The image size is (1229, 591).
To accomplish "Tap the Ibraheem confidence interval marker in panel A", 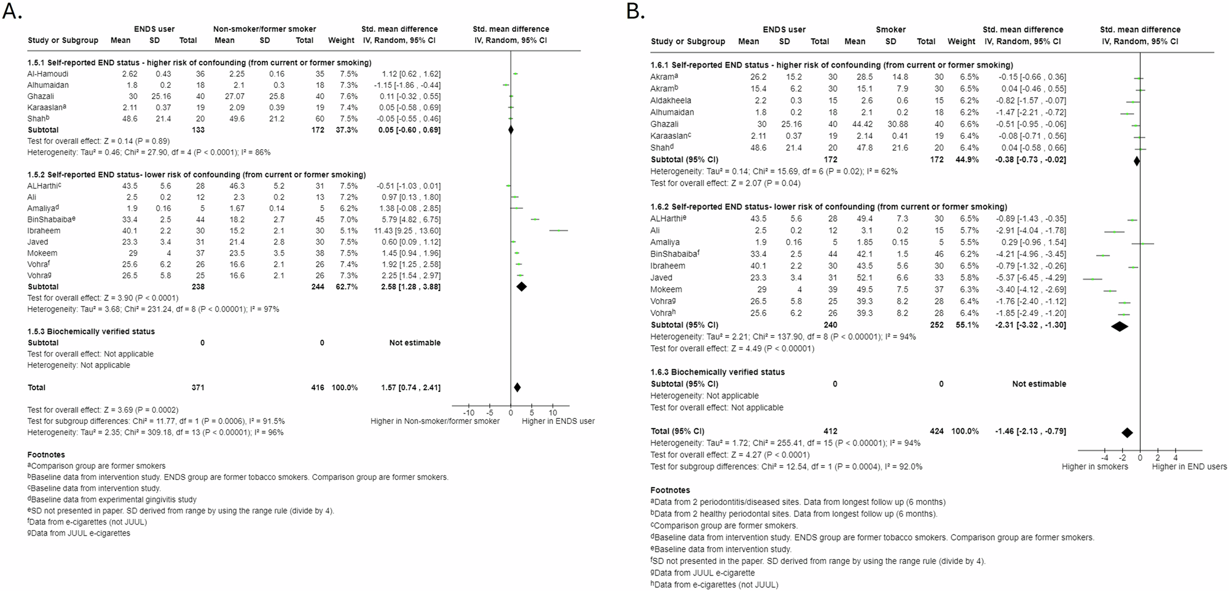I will [x=559, y=230].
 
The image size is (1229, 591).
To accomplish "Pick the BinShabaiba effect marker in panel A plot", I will [x=535, y=219].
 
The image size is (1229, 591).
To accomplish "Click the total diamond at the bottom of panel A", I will [x=517, y=387].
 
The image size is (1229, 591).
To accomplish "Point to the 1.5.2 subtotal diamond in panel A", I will [x=521, y=286].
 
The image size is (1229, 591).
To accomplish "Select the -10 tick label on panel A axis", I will [x=468, y=413].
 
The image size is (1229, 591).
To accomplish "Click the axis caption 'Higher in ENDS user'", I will [x=558, y=421].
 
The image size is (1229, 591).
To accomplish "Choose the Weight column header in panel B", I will [x=961, y=42].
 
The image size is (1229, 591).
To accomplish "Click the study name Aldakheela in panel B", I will [x=670, y=100].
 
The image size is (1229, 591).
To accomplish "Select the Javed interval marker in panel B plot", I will [x=1093, y=278].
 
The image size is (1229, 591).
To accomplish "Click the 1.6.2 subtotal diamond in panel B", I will [x=1120, y=326].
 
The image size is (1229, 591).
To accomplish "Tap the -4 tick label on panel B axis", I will [x=1104, y=458].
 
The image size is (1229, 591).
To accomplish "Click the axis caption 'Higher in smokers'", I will [x=1094, y=467].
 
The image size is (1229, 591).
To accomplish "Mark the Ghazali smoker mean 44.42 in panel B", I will [x=854, y=124].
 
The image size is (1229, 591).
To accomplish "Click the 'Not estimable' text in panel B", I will [x=1039, y=384].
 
